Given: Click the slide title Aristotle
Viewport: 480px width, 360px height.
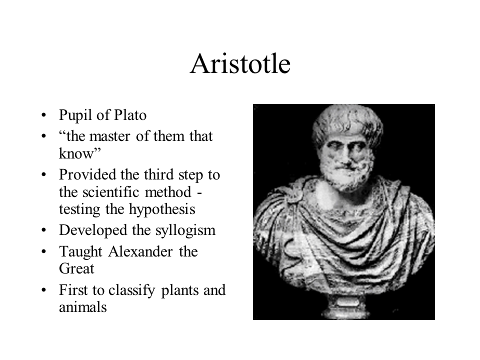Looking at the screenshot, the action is pyautogui.click(x=240, y=63).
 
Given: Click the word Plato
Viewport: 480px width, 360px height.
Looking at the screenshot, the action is pyautogui.click(x=130, y=115).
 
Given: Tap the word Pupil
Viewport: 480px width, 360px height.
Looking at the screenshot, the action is pyautogui.click(x=76, y=115).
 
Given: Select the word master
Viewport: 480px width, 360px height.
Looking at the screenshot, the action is pyautogui.click(x=110, y=136).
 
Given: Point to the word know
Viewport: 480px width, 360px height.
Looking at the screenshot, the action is pyautogui.click(x=76, y=153).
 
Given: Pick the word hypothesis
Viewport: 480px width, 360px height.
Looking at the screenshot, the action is pyautogui.click(x=162, y=210).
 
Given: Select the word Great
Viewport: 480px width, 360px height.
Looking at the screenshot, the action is pyautogui.click(x=76, y=268).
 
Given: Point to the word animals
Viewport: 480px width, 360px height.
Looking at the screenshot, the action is pyautogui.click(x=83, y=307).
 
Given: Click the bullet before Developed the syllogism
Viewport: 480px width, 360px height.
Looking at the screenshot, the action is pyautogui.click(x=44, y=230).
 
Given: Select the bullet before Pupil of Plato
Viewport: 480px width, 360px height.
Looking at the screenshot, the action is pyautogui.click(x=44, y=115).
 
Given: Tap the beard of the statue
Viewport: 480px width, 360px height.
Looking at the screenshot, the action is pyautogui.click(x=347, y=174).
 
